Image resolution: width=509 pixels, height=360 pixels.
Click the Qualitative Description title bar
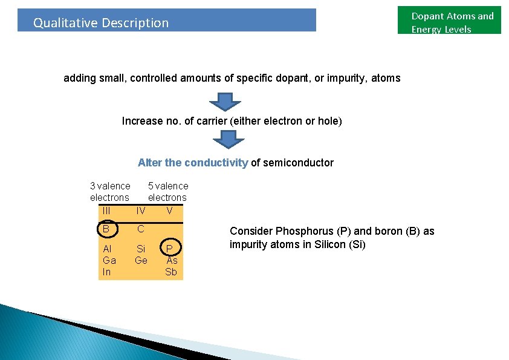(166, 21)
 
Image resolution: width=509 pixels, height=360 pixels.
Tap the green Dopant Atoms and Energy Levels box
(449, 21)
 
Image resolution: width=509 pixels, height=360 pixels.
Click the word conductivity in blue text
(216, 163)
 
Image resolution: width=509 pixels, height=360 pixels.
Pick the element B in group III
(106, 229)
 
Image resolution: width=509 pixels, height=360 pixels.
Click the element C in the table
(140, 229)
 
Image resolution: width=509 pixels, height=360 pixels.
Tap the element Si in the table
(141, 249)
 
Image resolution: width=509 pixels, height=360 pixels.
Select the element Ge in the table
(141, 260)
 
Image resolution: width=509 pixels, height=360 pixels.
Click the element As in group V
(172, 260)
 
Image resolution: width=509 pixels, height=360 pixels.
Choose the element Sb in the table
(171, 272)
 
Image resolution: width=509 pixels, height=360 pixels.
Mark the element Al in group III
(107, 249)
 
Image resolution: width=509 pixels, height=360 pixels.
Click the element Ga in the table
(109, 260)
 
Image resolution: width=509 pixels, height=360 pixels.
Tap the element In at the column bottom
(106, 272)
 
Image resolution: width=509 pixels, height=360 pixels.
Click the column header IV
(140, 211)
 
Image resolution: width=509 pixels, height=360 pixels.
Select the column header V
(170, 211)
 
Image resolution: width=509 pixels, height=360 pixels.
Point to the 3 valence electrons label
(109, 191)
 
